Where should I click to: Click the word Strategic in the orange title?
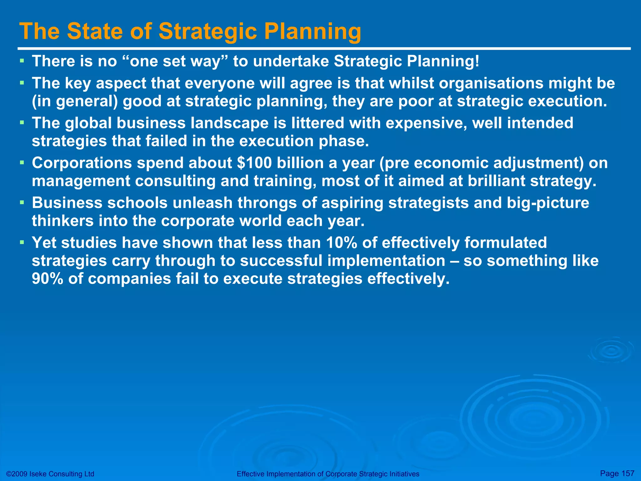pyautogui.click(x=208, y=31)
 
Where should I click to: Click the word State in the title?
pyautogui.click(x=94, y=31)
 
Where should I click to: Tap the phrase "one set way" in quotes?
pyautogui.click(x=175, y=61)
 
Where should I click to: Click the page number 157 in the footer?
pyautogui.click(x=628, y=473)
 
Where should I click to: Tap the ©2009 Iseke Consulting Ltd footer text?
pyautogui.click(x=50, y=474)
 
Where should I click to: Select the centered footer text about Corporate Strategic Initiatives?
pyautogui.click(x=328, y=474)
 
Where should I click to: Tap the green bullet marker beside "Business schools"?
pyautogui.click(x=22, y=202)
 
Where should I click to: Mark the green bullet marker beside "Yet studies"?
pyautogui.click(x=22, y=242)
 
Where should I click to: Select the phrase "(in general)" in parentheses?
pyautogui.click(x=75, y=101)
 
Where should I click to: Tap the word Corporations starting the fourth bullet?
pyautogui.click(x=82, y=163)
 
